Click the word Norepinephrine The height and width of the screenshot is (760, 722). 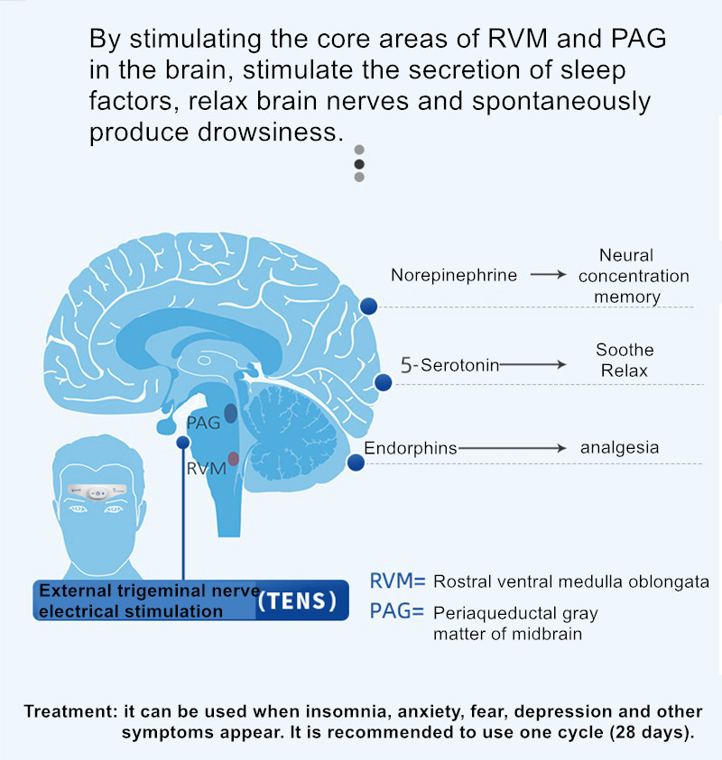pyautogui.click(x=454, y=275)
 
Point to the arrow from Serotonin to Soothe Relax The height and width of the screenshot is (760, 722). pyautogui.click(x=532, y=365)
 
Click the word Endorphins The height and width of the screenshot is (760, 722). pyautogui.click(x=411, y=448)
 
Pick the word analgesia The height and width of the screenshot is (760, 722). pyautogui.click(x=619, y=447)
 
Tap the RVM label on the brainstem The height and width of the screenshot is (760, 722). pyautogui.click(x=205, y=470)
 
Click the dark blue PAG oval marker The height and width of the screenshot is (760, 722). pyautogui.click(x=231, y=413)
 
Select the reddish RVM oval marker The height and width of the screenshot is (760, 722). pyautogui.click(x=233, y=459)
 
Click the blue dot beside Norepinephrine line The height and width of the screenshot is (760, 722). pyautogui.click(x=368, y=307)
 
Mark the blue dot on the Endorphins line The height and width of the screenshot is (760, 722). pyautogui.click(x=356, y=463)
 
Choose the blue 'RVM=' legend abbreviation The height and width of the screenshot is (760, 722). pyautogui.click(x=397, y=581)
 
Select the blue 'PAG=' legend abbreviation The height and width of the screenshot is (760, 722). pyautogui.click(x=397, y=612)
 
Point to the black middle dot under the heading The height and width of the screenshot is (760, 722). pyautogui.click(x=359, y=164)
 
